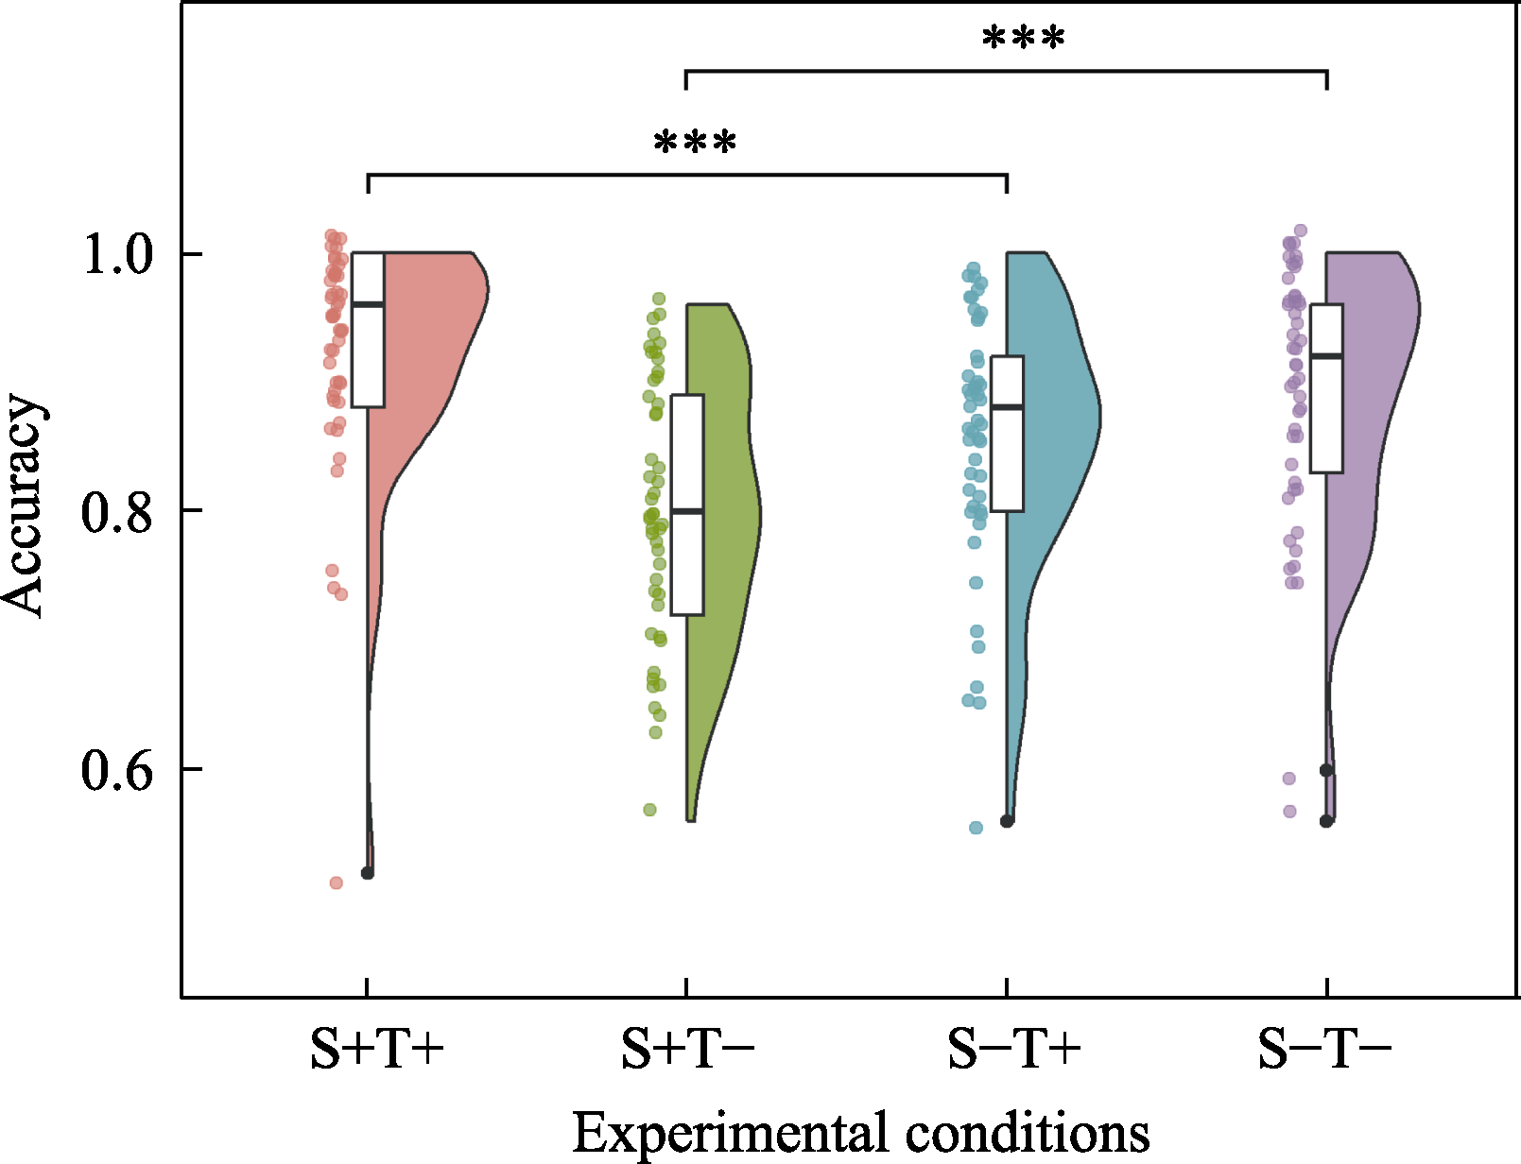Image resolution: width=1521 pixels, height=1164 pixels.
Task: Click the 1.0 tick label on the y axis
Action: tap(118, 255)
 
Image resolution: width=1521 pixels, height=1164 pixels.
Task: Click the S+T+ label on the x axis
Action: tap(377, 1049)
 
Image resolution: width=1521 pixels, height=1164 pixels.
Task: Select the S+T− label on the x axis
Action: tap(687, 1049)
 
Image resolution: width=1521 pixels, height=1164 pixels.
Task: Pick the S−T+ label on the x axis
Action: tap(1014, 1049)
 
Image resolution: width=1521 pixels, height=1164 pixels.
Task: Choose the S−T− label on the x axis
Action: tap(1324, 1049)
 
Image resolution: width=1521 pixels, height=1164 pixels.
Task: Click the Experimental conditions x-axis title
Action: tap(860, 1132)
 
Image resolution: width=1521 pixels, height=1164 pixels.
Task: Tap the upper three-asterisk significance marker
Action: tap(1024, 41)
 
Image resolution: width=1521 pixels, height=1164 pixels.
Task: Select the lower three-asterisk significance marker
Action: tap(695, 145)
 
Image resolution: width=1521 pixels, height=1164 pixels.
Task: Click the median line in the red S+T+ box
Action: tap(368, 304)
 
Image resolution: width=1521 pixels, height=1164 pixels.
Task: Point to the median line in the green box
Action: tap(687, 511)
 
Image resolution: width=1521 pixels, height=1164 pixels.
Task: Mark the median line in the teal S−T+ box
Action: tap(1008, 407)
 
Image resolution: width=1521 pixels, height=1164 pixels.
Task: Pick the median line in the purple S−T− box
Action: tap(1326, 355)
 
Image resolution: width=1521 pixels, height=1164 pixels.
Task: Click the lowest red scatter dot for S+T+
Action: tap(336, 882)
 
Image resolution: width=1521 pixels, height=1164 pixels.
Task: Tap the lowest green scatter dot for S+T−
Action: tap(650, 810)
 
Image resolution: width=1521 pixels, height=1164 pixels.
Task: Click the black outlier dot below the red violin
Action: tap(368, 873)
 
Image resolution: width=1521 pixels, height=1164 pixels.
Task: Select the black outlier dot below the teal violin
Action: tap(1008, 821)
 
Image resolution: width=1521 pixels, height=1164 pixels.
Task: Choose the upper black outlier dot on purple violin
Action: tap(1326, 770)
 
